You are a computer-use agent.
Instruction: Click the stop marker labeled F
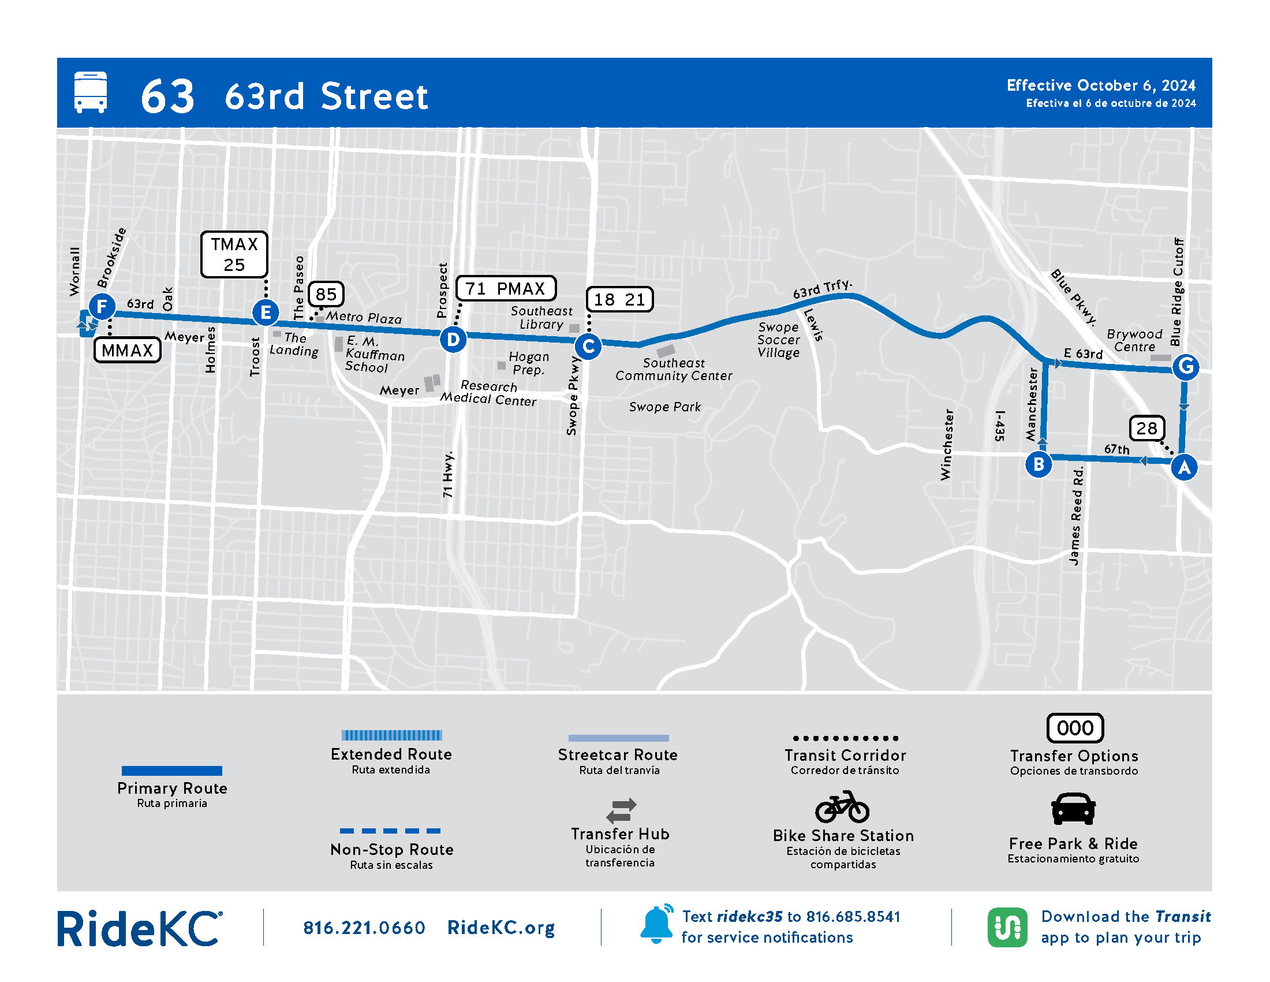(x=102, y=306)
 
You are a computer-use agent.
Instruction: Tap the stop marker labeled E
(x=266, y=313)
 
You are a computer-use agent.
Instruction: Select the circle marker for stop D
(x=453, y=339)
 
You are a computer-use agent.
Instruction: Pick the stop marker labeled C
(x=588, y=347)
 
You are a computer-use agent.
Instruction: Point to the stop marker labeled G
(x=1186, y=366)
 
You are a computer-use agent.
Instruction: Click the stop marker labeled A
(x=1184, y=467)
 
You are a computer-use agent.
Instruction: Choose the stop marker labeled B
(x=1039, y=464)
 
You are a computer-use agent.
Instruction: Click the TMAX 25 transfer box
(x=234, y=254)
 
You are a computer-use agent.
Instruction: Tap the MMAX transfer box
(x=128, y=350)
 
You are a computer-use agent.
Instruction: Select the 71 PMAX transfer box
(x=505, y=289)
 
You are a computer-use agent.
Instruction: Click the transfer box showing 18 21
(x=619, y=300)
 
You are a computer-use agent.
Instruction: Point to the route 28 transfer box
(x=1146, y=428)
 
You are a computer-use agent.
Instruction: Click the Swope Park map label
(x=664, y=407)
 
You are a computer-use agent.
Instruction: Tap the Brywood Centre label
(x=1134, y=340)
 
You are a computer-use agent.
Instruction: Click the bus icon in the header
(x=91, y=92)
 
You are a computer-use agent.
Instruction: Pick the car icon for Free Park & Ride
(x=1074, y=809)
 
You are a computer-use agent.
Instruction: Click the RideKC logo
(x=140, y=928)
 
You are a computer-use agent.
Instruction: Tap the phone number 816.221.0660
(x=364, y=928)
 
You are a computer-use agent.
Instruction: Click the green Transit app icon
(x=1007, y=927)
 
